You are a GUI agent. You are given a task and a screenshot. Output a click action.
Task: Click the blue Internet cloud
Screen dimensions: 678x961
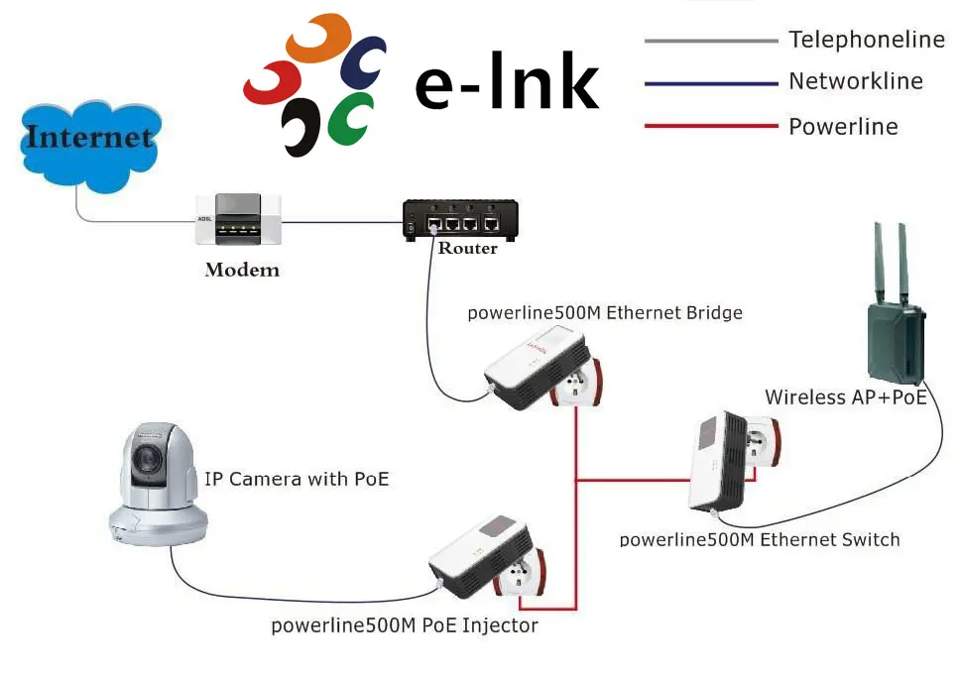[89, 144]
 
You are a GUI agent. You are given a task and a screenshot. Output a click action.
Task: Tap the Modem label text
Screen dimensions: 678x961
[242, 270]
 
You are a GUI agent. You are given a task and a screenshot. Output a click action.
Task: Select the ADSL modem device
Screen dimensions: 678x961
[239, 219]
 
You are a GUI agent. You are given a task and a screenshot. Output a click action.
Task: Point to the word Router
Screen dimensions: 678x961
[467, 249]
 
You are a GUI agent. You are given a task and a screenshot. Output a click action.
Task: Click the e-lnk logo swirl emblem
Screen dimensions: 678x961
[313, 85]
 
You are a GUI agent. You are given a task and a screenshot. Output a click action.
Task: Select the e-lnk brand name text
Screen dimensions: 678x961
[507, 86]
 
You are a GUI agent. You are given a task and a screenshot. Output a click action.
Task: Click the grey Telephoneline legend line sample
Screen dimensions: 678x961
[710, 41]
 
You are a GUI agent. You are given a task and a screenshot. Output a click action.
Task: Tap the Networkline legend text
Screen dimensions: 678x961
[855, 82]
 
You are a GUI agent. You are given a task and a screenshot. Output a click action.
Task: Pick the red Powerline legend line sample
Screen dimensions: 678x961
[710, 126]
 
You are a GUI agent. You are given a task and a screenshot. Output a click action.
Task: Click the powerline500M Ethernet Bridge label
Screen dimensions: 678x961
[605, 313]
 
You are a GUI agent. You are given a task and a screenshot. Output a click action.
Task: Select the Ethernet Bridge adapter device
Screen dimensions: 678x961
[540, 372]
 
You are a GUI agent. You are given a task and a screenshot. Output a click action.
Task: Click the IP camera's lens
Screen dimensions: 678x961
[150, 457]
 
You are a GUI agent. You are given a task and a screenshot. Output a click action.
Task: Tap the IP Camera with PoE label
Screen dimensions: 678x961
[297, 480]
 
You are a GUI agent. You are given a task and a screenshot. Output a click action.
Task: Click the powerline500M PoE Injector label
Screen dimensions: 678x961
[405, 626]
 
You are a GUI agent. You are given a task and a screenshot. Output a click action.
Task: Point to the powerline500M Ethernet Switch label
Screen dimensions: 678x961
[760, 540]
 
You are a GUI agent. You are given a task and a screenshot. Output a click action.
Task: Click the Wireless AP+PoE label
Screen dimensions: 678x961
[846, 397]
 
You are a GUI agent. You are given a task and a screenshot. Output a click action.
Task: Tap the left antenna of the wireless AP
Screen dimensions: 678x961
[879, 264]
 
